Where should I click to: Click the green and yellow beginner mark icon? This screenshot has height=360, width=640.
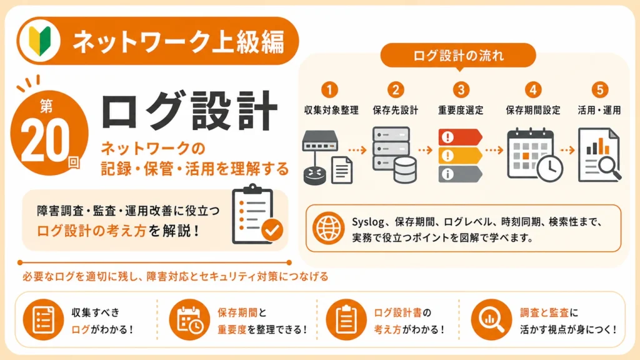[x=40, y=41]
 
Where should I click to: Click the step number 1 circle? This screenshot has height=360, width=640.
[x=330, y=89]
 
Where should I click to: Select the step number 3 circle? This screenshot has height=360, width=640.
[x=461, y=89]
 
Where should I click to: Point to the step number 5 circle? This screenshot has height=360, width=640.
[x=599, y=89]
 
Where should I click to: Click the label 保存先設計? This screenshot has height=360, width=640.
[x=395, y=110]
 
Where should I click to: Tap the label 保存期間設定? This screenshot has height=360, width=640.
[x=533, y=110]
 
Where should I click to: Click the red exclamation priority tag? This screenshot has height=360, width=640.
[x=460, y=137]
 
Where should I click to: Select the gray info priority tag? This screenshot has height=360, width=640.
[x=460, y=174]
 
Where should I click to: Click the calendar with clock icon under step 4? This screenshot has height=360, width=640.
[x=535, y=155]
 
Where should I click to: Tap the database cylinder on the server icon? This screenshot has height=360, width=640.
[x=405, y=170]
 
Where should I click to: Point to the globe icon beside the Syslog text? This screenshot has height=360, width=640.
[x=328, y=228]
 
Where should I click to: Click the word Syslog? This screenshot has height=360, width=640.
[x=367, y=222]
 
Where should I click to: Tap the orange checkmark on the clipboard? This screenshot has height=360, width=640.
[x=272, y=230]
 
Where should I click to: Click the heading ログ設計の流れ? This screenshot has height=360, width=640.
[x=458, y=56]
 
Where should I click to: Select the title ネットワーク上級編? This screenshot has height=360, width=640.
[x=178, y=42]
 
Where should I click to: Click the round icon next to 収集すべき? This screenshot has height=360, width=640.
[x=43, y=320]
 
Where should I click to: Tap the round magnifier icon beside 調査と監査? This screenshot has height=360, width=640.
[x=491, y=320]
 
